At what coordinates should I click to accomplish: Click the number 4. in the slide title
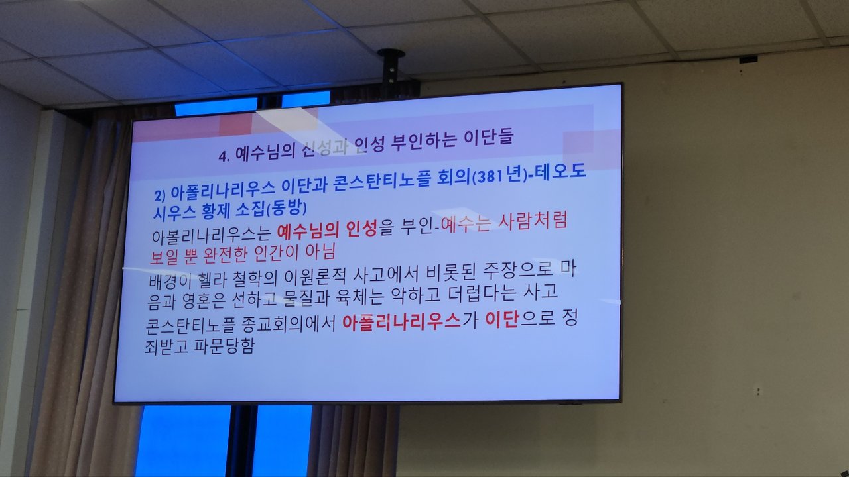(x=224, y=156)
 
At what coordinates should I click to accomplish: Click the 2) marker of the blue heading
(x=160, y=195)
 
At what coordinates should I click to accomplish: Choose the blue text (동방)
(x=287, y=208)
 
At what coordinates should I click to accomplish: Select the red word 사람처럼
(x=533, y=221)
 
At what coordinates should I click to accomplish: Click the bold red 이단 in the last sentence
(x=502, y=320)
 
